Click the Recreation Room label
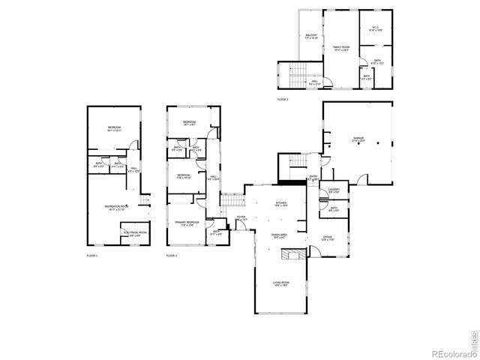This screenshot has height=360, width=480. pyautogui.click(x=117, y=207)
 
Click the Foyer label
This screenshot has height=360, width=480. pyautogui.click(x=241, y=218)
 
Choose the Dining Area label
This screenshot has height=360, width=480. pyautogui.click(x=279, y=236)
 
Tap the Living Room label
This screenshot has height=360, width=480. pyautogui.click(x=281, y=284)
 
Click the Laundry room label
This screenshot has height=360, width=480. pyautogui.click(x=334, y=190)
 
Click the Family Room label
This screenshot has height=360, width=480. pyautogui.click(x=342, y=48)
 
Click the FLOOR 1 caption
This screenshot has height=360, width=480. pyautogui.click(x=92, y=256)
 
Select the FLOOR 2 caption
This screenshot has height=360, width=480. pyautogui.click(x=172, y=256)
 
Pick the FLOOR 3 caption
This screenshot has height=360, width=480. pyautogui.click(x=283, y=99)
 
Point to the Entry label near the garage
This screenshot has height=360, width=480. pyautogui.click(x=314, y=178)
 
